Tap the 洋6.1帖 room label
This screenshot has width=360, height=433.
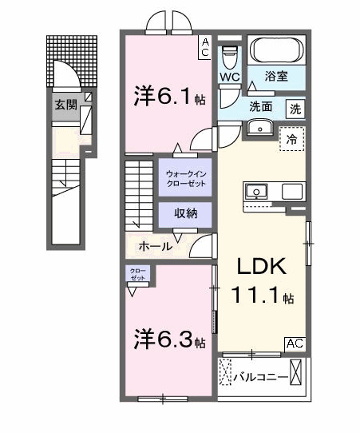pyautogui.click(x=169, y=97)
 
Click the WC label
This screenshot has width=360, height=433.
pyautogui.click(x=230, y=77)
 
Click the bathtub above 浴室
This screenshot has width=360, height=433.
pyautogui.click(x=276, y=52)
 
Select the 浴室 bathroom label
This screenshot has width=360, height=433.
pyautogui.click(x=277, y=77)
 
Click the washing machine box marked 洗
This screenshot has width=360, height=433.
pyautogui.click(x=295, y=107)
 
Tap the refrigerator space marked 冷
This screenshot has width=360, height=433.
pyautogui.click(x=291, y=140)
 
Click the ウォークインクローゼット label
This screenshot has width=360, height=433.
pyautogui.click(x=185, y=178)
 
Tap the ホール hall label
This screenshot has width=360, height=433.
pyautogui.click(x=155, y=246)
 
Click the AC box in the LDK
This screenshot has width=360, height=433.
pyautogui.click(x=295, y=344)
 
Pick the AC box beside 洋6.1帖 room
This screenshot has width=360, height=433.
pyautogui.click(x=205, y=46)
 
